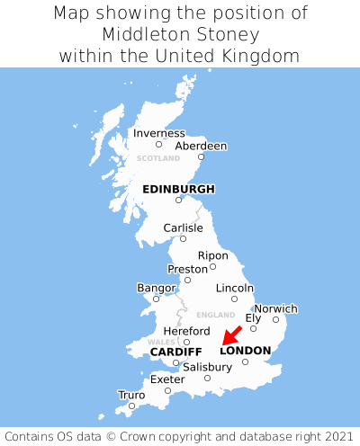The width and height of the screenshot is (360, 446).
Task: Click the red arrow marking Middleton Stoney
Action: click(x=232, y=334)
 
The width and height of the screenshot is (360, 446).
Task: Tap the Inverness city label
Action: click(x=158, y=133)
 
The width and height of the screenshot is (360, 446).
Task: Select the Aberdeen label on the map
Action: click(x=201, y=146)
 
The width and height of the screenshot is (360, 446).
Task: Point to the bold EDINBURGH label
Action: click(x=178, y=189)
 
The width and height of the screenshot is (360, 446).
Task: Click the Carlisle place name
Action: click(x=183, y=228)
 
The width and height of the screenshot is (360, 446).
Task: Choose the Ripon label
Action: click(x=213, y=255)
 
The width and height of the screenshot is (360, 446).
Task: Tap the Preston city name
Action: click(x=187, y=269)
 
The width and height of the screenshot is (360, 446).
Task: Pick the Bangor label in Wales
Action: click(x=156, y=288)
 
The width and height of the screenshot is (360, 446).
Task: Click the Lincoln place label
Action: click(x=235, y=288)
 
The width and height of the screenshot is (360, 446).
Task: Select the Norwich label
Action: click(x=275, y=308)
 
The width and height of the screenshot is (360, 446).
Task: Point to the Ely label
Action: click(x=254, y=317)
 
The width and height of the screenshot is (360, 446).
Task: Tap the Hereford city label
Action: click(x=186, y=331)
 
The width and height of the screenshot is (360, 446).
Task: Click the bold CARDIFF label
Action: click(x=175, y=351)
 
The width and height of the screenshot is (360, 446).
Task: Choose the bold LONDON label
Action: click(x=245, y=350)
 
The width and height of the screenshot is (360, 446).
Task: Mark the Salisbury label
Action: click(x=207, y=367)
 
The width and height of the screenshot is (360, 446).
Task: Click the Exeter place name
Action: click(x=167, y=379)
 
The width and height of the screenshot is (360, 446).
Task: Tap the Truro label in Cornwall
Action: click(x=131, y=395)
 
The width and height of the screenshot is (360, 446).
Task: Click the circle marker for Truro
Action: click(x=131, y=406)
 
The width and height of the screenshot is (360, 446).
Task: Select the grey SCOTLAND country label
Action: click(x=158, y=158)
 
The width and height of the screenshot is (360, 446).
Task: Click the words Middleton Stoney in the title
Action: click(x=180, y=34)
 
